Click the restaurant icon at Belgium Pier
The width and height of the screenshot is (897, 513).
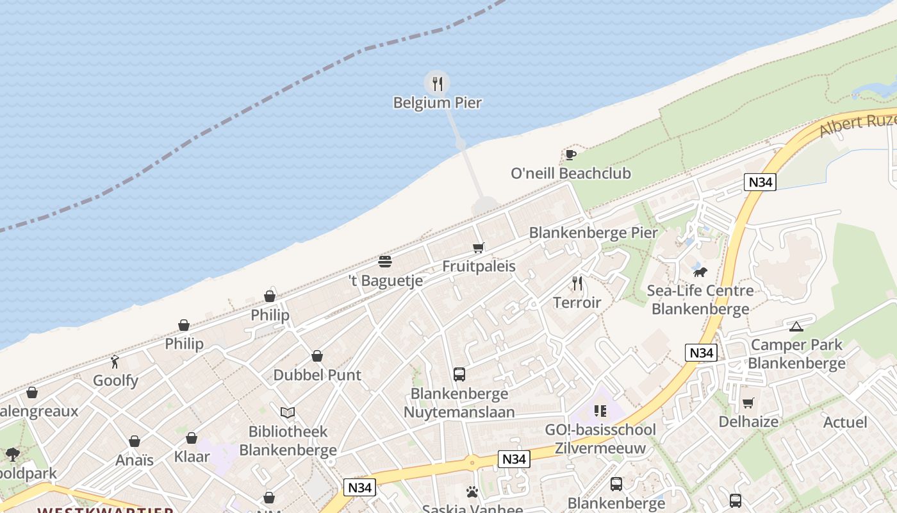click(x=437, y=83)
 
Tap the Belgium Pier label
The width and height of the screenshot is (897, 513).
click(x=437, y=103)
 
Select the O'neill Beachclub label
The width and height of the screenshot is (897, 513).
click(x=570, y=173)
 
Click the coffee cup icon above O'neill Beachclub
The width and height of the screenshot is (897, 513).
click(x=570, y=155)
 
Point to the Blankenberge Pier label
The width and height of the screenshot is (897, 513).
click(x=593, y=233)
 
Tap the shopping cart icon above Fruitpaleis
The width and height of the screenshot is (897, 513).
click(x=479, y=248)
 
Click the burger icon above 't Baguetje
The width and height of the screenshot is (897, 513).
click(x=385, y=262)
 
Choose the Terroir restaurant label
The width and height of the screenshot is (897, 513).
click(x=577, y=303)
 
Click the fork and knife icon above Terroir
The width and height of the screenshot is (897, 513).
click(x=577, y=283)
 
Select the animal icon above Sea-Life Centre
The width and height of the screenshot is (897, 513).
click(x=700, y=272)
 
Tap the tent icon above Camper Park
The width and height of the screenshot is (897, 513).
click(x=796, y=326)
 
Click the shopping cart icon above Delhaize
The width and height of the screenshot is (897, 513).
click(x=748, y=403)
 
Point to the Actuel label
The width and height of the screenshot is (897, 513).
click(x=844, y=423)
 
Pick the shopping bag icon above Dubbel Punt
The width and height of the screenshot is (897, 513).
click(x=317, y=356)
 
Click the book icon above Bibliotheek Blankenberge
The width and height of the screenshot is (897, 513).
click(x=288, y=412)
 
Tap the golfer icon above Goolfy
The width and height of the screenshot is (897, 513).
click(x=115, y=362)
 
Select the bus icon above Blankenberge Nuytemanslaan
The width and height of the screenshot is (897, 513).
click(x=459, y=374)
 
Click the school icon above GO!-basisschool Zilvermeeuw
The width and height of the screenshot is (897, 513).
click(x=600, y=411)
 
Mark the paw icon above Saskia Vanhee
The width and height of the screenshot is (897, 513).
click(x=472, y=492)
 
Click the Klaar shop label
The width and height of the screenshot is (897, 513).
click(x=192, y=457)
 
